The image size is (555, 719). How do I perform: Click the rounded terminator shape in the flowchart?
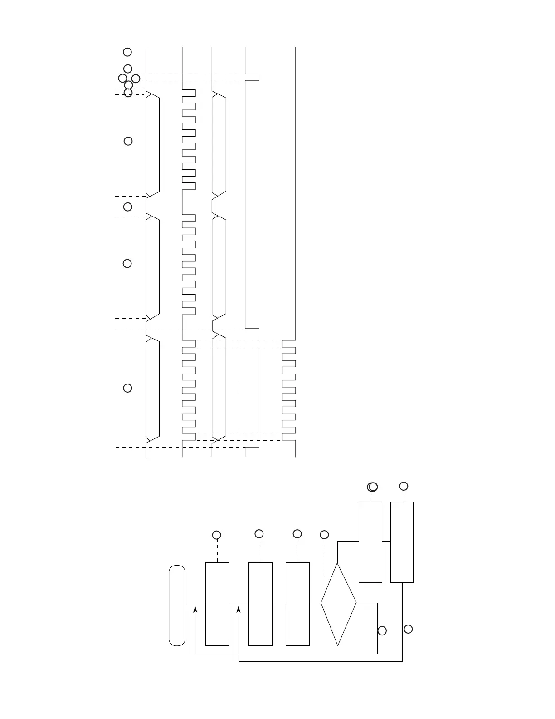tap(177, 605)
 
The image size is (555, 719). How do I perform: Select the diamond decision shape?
tap(338, 604)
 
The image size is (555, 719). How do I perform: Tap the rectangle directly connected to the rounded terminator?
tap(217, 604)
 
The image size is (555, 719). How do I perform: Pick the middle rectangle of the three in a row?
tap(260, 604)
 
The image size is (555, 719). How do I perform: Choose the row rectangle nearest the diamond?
tap(297, 604)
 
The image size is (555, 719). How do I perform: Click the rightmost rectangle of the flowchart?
tap(402, 542)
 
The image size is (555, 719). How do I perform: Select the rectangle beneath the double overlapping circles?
tap(370, 542)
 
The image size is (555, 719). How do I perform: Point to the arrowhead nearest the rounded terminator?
tap(195, 610)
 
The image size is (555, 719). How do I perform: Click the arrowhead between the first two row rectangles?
tap(239, 610)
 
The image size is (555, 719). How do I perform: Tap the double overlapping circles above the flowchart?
tap(372, 487)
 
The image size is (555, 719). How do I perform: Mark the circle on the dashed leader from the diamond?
tap(324, 535)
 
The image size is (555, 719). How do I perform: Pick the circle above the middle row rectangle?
tap(259, 534)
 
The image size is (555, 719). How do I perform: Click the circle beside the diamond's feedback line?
tap(382, 631)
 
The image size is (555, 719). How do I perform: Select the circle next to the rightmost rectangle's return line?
tap(408, 629)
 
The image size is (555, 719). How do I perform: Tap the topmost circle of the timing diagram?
tap(127, 52)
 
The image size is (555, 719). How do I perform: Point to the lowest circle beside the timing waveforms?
tap(127, 388)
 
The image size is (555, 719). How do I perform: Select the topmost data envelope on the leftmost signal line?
tap(153, 143)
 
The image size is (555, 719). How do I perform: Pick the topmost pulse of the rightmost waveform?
tap(289, 350)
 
